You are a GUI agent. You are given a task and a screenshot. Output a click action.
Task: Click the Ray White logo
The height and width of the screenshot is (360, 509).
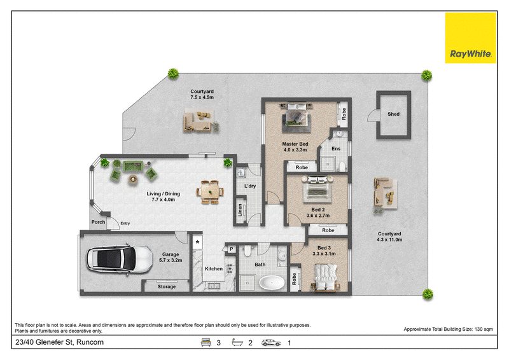[470, 38]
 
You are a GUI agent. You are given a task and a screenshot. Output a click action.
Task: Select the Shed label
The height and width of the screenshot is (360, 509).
[393, 114]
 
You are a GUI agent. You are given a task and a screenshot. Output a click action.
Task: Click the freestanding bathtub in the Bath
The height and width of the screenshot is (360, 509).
[272, 283]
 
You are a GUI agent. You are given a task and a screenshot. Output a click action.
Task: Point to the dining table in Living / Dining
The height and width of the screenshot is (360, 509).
[210, 192]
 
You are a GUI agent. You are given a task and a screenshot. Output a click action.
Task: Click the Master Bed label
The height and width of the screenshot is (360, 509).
[295, 144]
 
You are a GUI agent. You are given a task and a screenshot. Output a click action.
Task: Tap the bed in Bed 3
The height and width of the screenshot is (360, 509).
[326, 277]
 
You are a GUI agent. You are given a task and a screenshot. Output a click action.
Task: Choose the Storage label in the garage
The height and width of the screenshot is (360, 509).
[167, 287]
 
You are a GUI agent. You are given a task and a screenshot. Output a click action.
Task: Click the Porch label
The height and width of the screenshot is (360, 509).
[98, 222]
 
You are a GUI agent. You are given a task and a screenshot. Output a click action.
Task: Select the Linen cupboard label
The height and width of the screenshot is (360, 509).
[240, 210]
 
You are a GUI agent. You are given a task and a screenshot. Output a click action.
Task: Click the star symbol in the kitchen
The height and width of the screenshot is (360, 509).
[197, 242]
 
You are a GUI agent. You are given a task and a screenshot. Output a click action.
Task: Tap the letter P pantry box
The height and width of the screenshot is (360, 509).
[231, 249]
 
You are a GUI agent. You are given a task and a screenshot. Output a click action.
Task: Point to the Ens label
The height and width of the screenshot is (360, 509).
[336, 149]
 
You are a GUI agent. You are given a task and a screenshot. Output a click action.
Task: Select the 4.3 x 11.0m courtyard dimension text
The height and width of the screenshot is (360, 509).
[389, 240]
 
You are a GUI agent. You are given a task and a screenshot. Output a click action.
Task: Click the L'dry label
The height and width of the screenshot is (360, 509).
[250, 186]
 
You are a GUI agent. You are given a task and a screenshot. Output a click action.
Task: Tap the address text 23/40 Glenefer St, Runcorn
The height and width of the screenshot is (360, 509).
[59, 342]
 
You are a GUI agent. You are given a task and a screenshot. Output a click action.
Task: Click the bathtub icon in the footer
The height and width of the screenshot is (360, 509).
[237, 342]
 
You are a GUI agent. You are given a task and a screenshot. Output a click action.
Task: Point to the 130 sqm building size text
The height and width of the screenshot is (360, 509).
[484, 329]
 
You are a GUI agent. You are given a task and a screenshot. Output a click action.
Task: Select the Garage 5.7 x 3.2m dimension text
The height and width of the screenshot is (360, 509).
[171, 260]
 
